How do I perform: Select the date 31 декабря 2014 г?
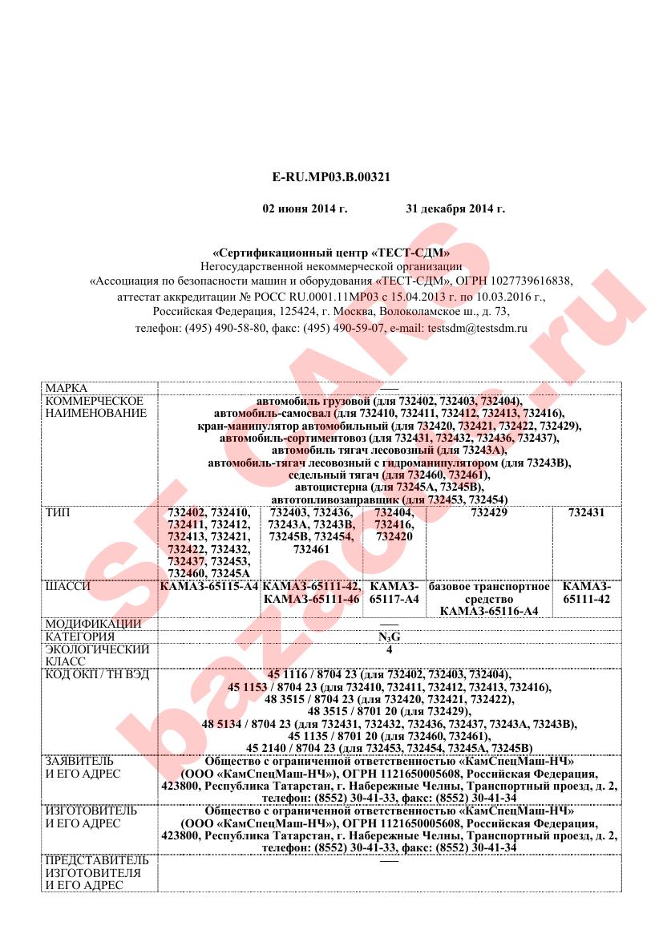click(455, 209)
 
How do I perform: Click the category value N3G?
click(389, 637)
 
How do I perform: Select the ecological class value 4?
click(389, 649)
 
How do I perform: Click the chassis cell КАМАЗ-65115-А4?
click(210, 586)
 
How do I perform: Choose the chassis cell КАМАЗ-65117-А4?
click(394, 592)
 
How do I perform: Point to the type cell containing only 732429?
click(489, 512)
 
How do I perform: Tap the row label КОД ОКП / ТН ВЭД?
click(97, 674)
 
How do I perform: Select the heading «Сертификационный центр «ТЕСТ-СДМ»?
click(331, 253)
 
